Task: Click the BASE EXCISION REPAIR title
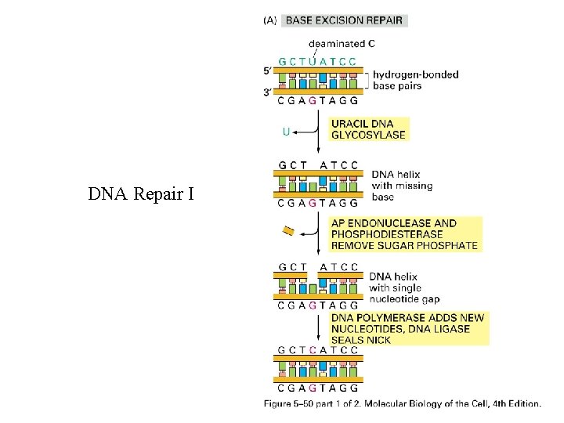[x=345, y=20]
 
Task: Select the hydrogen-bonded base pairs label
[x=415, y=80]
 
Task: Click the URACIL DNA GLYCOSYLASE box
[x=368, y=129]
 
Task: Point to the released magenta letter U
[x=287, y=132]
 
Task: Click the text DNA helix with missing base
[x=401, y=186]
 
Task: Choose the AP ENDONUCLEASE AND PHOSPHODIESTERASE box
[x=403, y=234]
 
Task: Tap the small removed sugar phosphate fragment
[x=288, y=230]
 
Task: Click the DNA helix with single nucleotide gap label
[x=403, y=287]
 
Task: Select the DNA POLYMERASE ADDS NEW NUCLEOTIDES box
[x=407, y=329]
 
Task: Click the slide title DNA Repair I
[x=141, y=193]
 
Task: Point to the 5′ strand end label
[x=269, y=70]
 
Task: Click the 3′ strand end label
[x=269, y=92]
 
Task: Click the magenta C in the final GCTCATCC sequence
[x=313, y=350]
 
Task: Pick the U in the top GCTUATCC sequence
[x=313, y=61]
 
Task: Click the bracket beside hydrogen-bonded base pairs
[x=366, y=80]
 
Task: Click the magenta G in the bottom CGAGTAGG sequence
[x=313, y=387]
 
